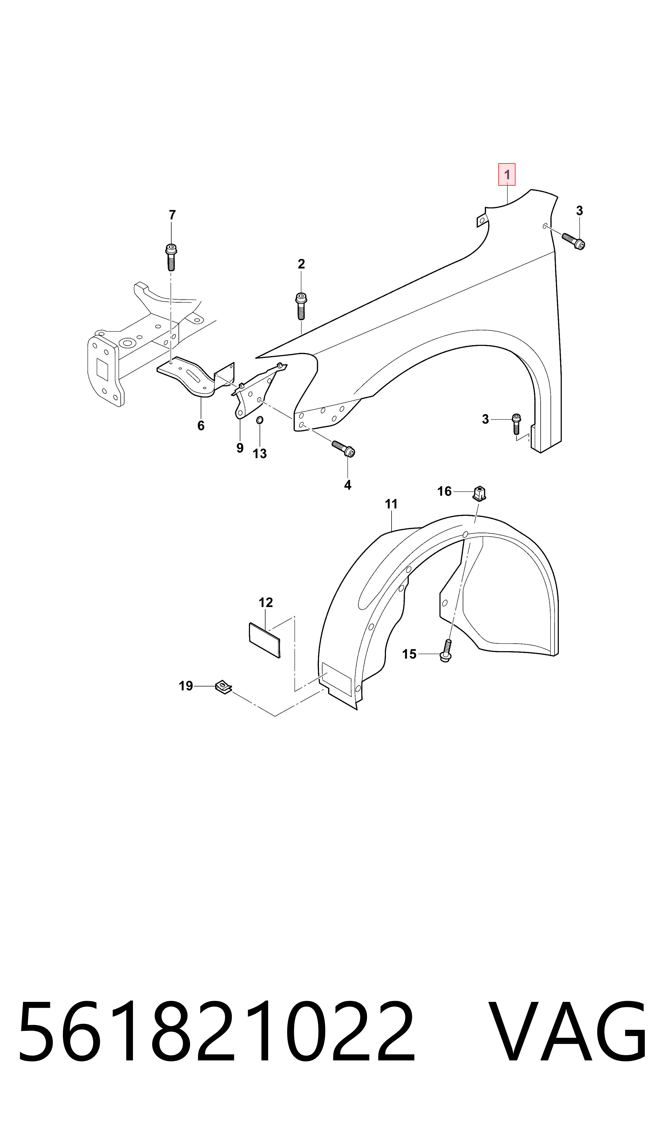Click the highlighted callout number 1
click(507, 174)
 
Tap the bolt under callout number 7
click(171, 257)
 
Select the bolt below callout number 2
click(301, 306)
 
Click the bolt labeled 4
click(343, 449)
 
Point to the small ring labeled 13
click(260, 420)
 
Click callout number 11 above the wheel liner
click(391, 504)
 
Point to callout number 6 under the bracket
click(201, 426)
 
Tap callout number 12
click(266, 602)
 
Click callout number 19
click(186, 686)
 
